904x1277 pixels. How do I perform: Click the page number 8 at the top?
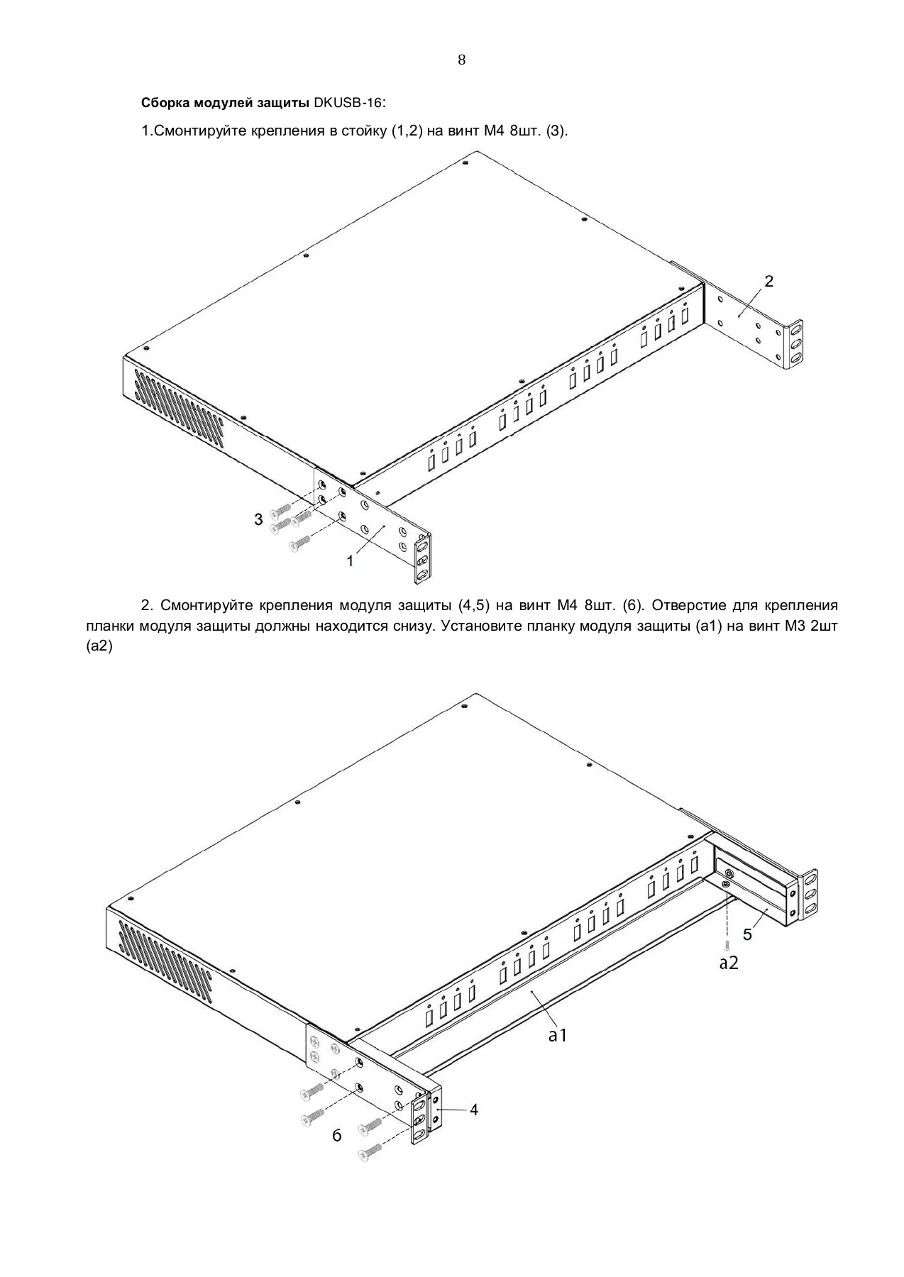[462, 60]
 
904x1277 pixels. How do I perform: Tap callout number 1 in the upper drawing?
[350, 561]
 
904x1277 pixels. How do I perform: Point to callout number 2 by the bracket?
[768, 281]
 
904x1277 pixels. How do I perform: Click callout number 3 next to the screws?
[259, 519]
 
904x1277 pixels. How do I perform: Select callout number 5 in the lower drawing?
[747, 934]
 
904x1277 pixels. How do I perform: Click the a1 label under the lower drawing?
[558, 1036]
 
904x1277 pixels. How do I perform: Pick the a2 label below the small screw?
[729, 963]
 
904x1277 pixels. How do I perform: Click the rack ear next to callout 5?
[808, 895]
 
